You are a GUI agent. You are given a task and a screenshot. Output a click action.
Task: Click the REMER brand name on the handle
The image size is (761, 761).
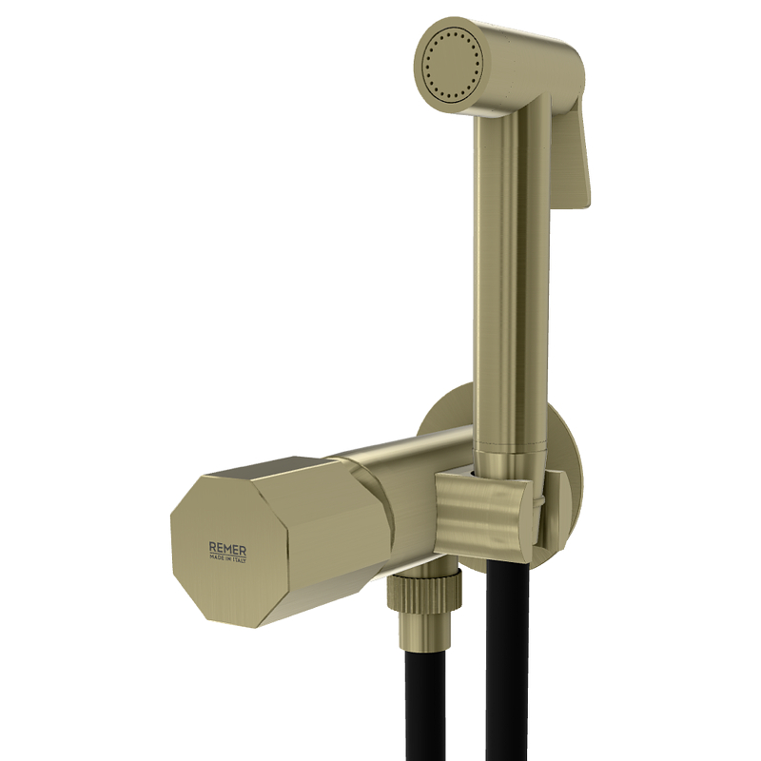click(x=227, y=551)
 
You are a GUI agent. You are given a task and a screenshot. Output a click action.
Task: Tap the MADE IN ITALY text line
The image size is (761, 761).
click(x=227, y=560)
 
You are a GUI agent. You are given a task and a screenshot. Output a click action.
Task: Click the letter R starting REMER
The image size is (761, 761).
click(x=212, y=549)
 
